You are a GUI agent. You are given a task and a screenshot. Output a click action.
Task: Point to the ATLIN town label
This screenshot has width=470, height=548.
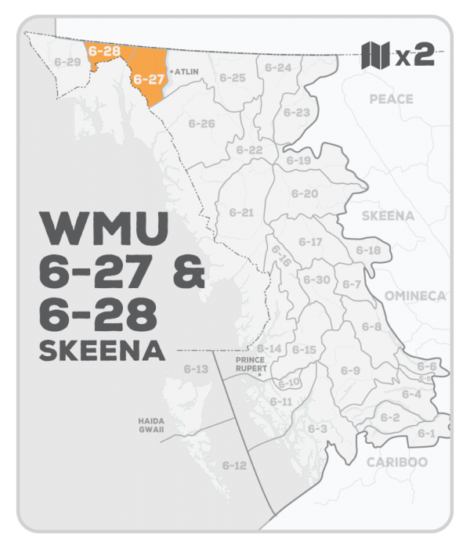pyautogui.click(x=187, y=71)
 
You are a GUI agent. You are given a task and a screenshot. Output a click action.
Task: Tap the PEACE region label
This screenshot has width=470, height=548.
pyautogui.click(x=391, y=99)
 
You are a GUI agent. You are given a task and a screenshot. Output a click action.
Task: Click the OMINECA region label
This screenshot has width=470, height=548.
pyautogui.click(x=414, y=295)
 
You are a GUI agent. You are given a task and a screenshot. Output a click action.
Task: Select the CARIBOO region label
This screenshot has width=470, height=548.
pyautogui.click(x=397, y=462)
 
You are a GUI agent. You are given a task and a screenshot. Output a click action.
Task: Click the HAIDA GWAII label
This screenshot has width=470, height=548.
pyautogui.click(x=148, y=425)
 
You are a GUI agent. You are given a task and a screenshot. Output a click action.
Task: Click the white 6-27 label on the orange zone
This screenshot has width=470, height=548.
pyautogui.click(x=147, y=78)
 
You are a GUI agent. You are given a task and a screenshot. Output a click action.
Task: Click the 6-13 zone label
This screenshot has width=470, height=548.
pyautogui.click(x=196, y=369)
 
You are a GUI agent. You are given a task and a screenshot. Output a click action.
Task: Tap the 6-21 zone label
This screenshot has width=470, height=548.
pyautogui.click(x=241, y=212)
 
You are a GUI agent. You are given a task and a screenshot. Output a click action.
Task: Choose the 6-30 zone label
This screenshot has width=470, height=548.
pyautogui.click(x=316, y=279)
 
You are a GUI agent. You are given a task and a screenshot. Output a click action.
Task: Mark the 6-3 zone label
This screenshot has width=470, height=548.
pyautogui.click(x=316, y=428)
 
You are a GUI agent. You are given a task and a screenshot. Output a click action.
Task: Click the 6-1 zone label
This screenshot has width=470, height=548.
pyautogui.click(x=426, y=433)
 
